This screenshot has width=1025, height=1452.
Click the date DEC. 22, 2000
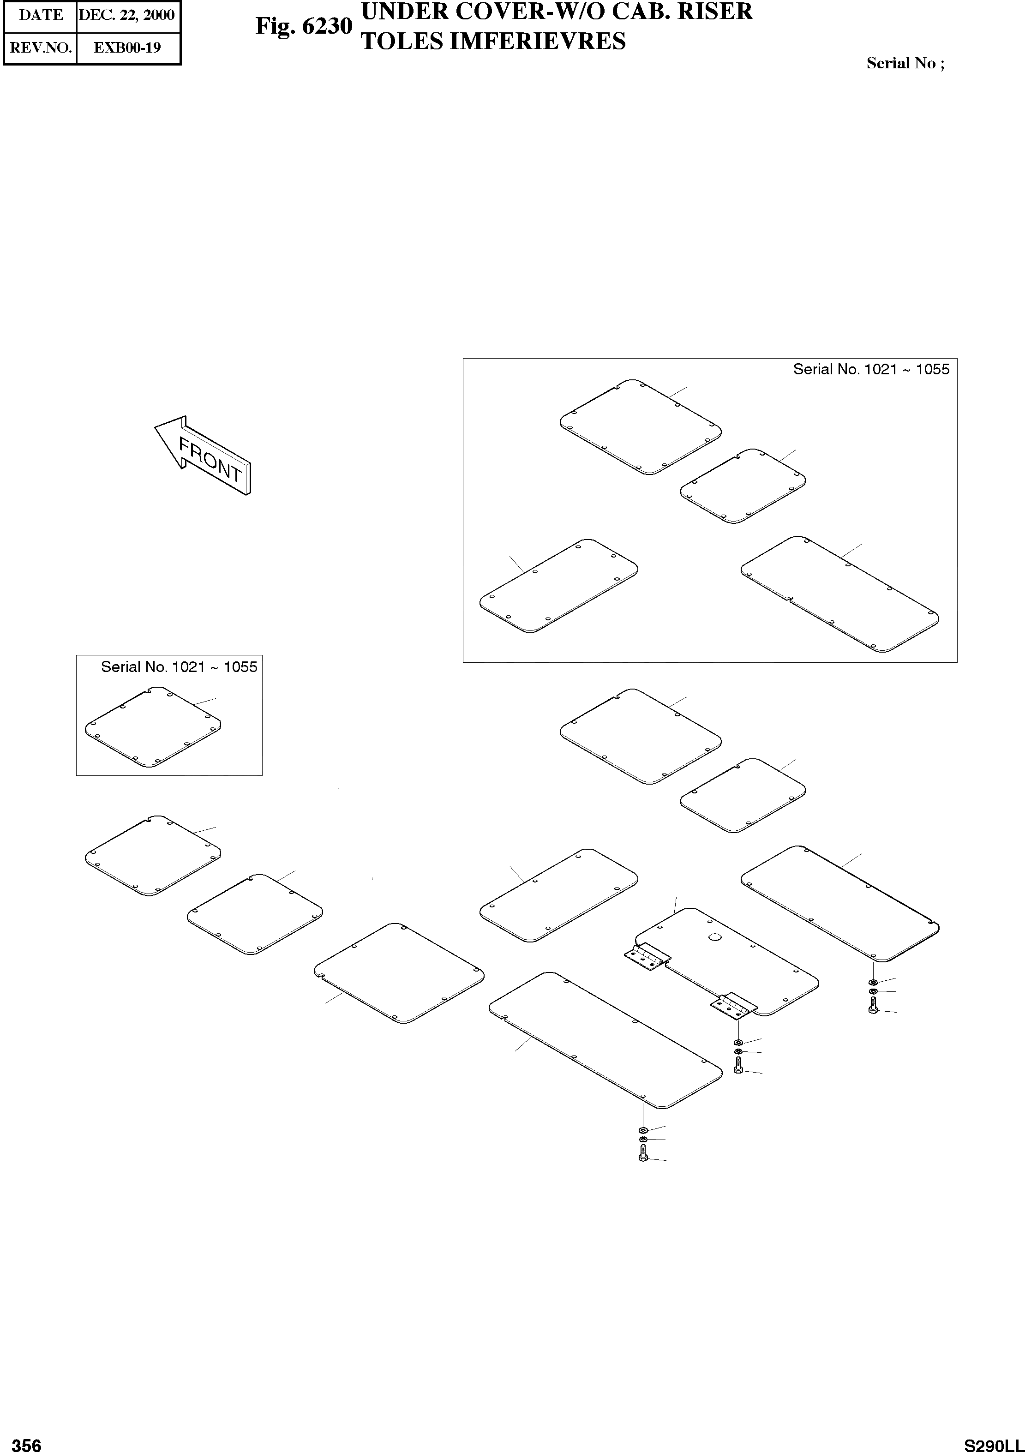(x=126, y=15)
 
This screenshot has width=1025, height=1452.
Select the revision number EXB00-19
(x=127, y=48)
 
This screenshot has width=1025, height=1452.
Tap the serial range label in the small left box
(x=179, y=667)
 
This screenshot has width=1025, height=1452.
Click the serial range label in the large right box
(x=871, y=369)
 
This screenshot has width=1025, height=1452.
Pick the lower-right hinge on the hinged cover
(x=733, y=1005)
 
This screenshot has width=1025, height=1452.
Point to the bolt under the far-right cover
(x=873, y=1008)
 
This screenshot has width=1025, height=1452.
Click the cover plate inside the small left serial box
(x=152, y=727)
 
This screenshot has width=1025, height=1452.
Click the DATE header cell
(x=41, y=15)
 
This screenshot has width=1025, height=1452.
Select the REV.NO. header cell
(x=41, y=48)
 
